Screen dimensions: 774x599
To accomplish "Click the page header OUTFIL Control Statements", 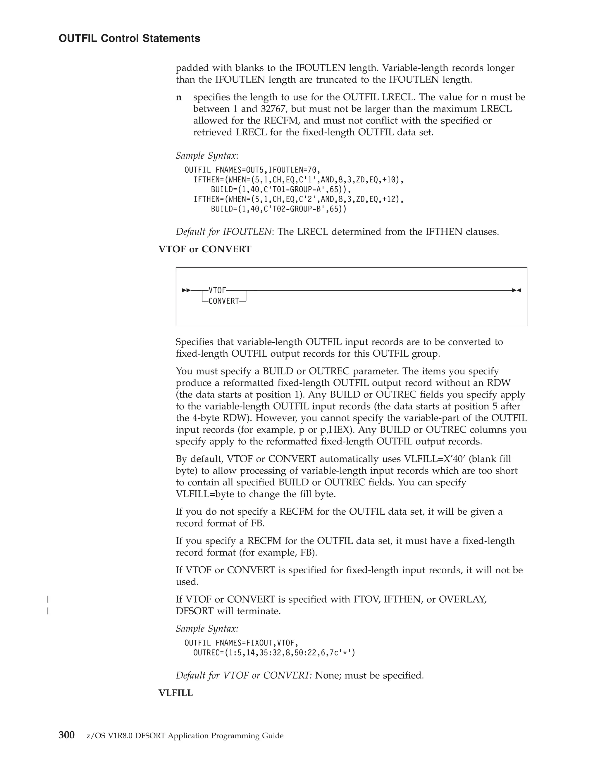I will pos(129,38).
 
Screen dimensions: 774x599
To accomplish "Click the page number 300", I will pos(66,735).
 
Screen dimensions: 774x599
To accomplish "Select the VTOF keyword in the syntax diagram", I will pos(217,290).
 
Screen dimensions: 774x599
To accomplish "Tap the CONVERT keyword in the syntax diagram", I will pos(223,301).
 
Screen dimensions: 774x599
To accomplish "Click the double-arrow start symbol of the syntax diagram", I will pos(186,290).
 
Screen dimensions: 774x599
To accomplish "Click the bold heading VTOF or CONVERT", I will pos(205,249).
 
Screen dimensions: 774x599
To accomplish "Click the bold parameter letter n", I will pos(179,97).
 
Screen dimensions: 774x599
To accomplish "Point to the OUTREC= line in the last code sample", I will pos(274,652).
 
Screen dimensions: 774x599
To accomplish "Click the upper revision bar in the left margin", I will pos(48,599).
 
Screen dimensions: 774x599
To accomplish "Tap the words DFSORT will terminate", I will pos(228,611).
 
